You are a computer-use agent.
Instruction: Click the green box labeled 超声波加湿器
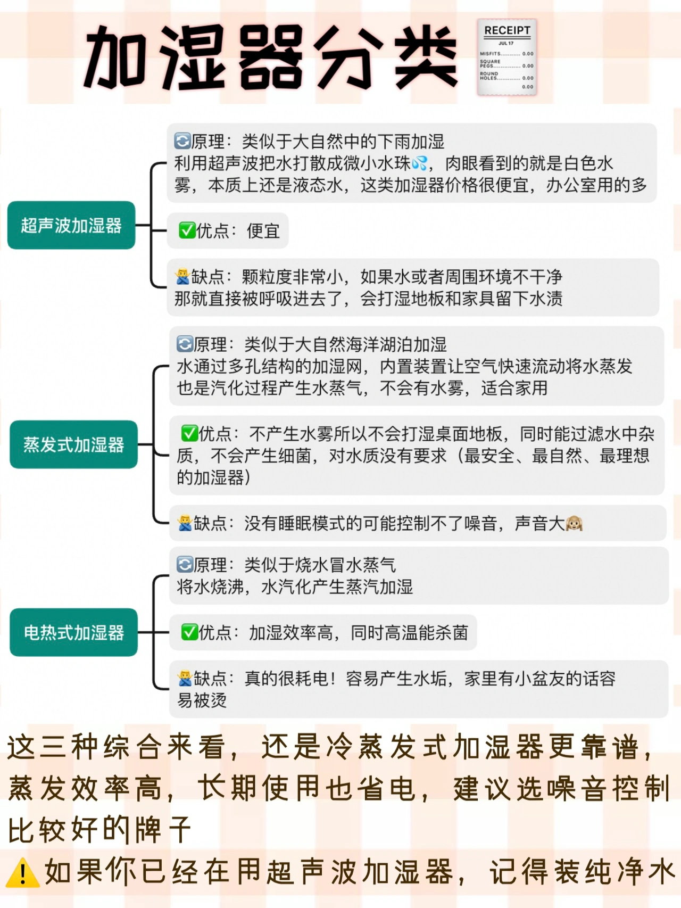point(71,225)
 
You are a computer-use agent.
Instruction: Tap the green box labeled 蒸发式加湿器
point(73,444)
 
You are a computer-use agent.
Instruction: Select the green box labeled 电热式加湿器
point(73,632)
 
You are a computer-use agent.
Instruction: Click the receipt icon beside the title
point(506,57)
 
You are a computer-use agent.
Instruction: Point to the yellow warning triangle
point(22,873)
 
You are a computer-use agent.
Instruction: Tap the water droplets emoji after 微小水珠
point(419,163)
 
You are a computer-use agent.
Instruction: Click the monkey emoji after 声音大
point(575,524)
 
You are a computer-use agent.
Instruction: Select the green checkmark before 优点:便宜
point(187,230)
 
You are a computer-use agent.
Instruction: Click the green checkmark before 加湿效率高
point(189,632)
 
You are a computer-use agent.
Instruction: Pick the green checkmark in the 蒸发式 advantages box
point(189,433)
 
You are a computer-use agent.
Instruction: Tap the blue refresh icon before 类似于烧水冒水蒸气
point(185,564)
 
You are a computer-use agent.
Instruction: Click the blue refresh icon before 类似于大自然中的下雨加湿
point(182,141)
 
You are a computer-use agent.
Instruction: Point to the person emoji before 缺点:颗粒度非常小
point(182,276)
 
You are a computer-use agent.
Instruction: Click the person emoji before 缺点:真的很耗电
point(185,678)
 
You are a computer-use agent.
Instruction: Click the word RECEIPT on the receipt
point(507,31)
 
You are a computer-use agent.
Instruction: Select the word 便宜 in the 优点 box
point(263,231)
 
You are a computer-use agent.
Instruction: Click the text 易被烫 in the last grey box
point(202,700)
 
